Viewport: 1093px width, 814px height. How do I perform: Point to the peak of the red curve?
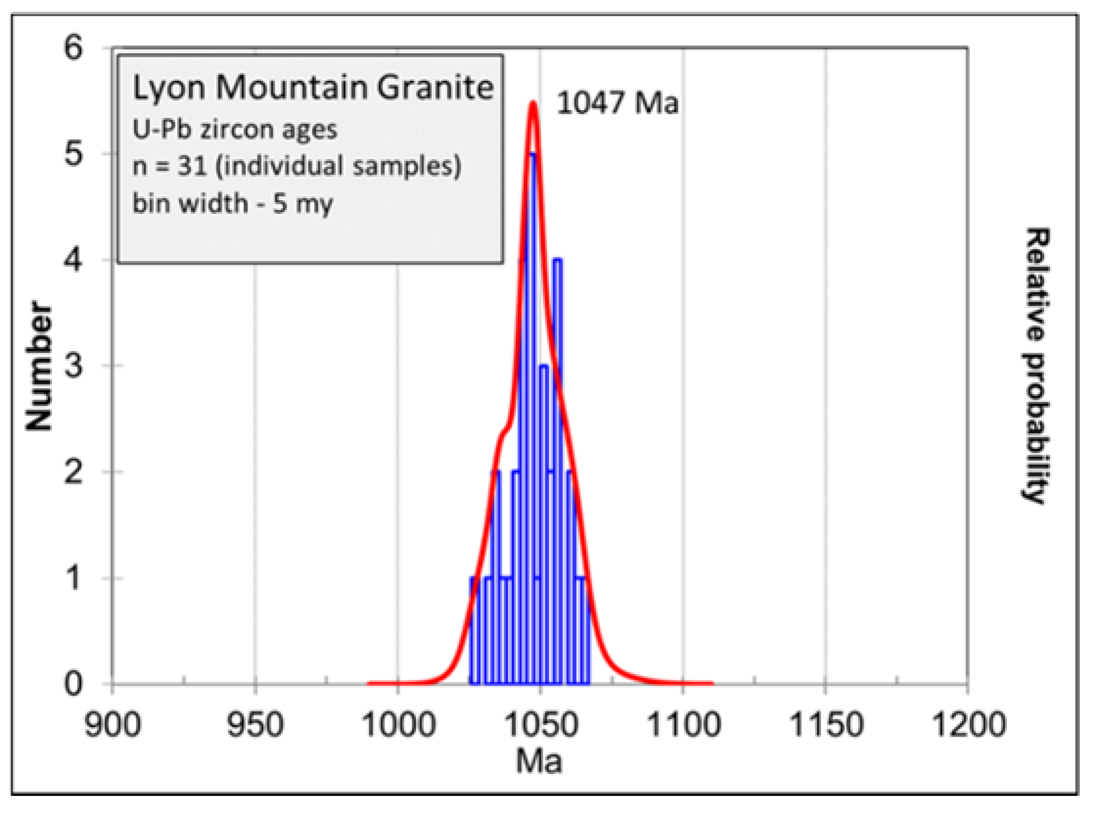point(533,103)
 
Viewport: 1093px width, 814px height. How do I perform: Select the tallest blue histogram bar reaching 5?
point(532,394)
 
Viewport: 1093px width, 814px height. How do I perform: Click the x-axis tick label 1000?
point(398,725)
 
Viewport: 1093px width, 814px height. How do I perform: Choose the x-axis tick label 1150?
point(825,725)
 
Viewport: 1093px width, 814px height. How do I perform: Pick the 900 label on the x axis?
point(113,725)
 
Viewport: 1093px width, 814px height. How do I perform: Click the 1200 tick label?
point(968,725)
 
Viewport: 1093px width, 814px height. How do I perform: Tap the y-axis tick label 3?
point(73,366)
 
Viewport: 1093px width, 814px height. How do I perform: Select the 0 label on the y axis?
point(73,684)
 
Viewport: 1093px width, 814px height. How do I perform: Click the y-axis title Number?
point(39,366)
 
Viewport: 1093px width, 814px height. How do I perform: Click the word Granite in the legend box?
point(435,88)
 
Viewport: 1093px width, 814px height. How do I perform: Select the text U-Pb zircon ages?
point(235,130)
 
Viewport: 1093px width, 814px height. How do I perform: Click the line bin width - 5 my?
point(232,203)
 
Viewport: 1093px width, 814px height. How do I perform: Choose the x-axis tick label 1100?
point(683,725)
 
